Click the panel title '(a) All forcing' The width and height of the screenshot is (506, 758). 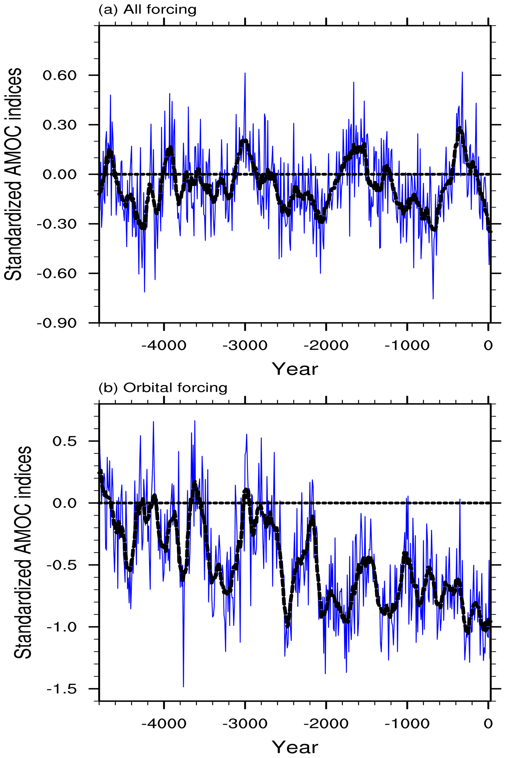pos(147,10)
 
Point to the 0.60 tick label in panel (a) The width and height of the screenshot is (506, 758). pos(59,75)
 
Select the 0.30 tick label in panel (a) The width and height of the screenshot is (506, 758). pos(59,125)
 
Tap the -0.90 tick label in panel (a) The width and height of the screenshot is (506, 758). pos(57,323)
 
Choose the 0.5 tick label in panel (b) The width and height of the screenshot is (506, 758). pos(65,441)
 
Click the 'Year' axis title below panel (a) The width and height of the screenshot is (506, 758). pos(295,369)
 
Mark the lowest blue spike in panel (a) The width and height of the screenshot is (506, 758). pos(433,298)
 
